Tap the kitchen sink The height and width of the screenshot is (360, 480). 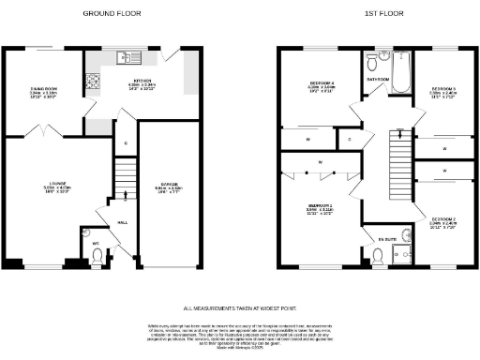click(127, 59)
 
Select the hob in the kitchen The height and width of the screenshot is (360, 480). click(94, 83)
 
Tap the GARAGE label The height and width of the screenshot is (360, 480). click(168, 185)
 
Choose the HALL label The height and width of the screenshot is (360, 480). click(122, 222)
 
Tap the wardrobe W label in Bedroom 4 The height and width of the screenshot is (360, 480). click(307, 140)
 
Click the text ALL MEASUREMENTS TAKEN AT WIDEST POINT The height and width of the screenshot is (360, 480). click(239, 307)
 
